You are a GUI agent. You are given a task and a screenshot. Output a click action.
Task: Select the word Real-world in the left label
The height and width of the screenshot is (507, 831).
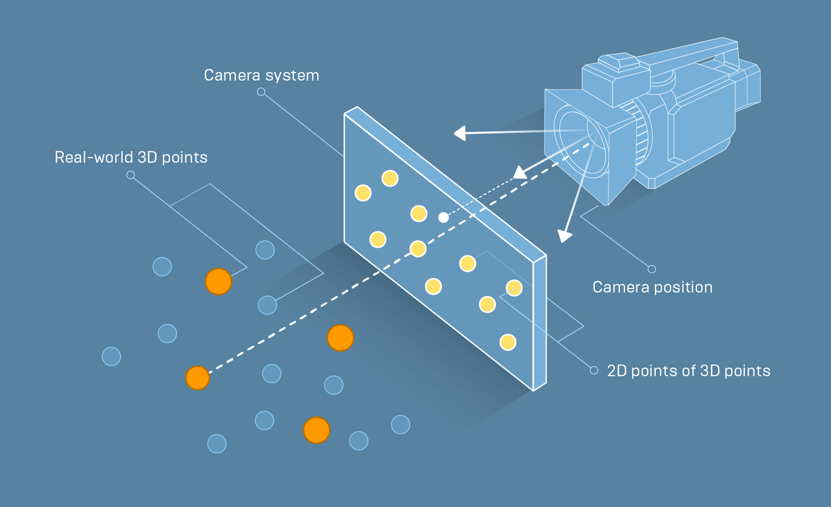(94, 158)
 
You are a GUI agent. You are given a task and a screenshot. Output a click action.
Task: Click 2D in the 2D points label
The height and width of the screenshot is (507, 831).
(617, 371)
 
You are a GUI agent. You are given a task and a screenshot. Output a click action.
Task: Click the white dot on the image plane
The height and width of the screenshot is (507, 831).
(443, 218)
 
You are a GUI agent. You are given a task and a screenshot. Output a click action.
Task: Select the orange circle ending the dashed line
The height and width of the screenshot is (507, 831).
(198, 378)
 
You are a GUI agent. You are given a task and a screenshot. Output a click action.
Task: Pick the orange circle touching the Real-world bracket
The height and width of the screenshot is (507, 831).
(218, 282)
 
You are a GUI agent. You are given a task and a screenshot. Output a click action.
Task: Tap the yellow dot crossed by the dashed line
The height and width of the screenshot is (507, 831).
(418, 248)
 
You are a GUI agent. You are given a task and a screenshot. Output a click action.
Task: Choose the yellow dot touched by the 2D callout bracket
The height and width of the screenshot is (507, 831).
(514, 288)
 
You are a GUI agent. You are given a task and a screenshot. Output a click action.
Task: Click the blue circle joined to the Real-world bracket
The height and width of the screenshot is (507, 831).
(268, 305)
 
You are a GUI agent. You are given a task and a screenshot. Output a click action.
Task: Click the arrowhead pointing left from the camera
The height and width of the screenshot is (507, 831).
(460, 133)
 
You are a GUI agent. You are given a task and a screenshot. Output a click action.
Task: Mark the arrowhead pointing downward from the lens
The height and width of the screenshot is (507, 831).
(564, 236)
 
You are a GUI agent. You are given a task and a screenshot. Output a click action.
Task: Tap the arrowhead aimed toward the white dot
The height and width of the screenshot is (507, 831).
(519, 173)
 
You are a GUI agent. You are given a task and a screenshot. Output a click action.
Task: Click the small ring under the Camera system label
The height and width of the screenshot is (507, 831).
(261, 92)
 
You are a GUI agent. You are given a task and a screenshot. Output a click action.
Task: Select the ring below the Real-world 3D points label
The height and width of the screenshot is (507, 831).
(131, 175)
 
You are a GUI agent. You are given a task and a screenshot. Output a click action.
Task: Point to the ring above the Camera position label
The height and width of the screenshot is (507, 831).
(652, 269)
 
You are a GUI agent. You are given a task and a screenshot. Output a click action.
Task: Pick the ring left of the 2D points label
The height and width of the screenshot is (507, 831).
(594, 371)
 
